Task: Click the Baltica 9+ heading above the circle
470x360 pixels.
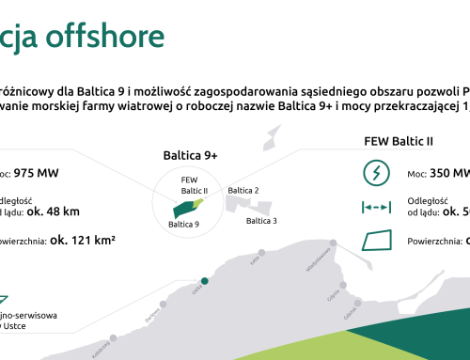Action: click(191, 155)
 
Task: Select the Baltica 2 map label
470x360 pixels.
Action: click(243, 190)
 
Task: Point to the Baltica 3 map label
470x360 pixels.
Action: click(261, 222)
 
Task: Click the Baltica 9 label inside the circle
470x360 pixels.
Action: click(182, 225)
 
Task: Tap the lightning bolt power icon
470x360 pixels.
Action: click(377, 174)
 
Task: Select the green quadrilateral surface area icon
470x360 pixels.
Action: click(377, 241)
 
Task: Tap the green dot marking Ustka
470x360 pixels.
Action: click(205, 280)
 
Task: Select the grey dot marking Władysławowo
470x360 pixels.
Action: click(333, 243)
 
